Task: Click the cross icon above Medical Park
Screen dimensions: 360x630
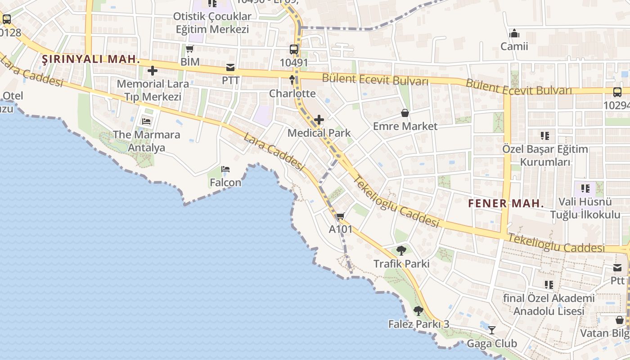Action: (319, 120)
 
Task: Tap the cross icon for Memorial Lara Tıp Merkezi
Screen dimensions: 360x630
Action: (153, 71)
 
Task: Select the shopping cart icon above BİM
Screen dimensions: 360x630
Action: (190, 49)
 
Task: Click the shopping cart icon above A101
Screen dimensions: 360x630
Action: (341, 216)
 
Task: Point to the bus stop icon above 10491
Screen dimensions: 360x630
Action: (294, 49)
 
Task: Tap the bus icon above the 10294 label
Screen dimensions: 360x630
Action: (617, 92)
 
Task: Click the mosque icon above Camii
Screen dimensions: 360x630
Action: (514, 33)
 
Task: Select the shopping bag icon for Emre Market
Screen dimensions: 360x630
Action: (405, 113)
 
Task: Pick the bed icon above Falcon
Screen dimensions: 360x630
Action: (225, 169)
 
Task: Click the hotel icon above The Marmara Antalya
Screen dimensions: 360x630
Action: (146, 121)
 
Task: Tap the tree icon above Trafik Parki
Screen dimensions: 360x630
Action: (401, 250)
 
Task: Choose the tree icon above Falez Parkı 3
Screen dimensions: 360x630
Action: (418, 310)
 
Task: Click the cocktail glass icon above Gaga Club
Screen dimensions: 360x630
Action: (492, 330)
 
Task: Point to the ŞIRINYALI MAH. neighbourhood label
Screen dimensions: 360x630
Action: (91, 59)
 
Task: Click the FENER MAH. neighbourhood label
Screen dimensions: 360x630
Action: (506, 203)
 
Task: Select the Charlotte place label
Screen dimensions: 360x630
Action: (292, 94)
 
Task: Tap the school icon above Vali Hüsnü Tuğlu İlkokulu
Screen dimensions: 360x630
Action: (585, 188)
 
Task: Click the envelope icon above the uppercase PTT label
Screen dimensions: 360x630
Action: (230, 67)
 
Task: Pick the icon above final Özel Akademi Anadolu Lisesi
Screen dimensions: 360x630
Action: (549, 284)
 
